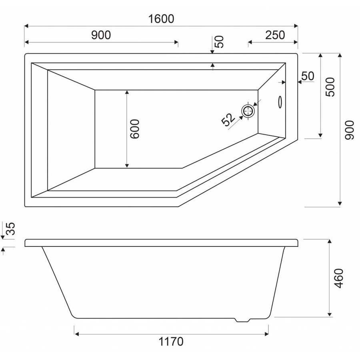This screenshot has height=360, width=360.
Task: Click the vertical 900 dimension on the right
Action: pos(350,130)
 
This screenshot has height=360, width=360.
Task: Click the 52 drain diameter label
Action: pos(228,120)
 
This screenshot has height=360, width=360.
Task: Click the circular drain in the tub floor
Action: pos(248,111)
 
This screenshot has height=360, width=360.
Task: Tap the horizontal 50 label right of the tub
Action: pos(308,76)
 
